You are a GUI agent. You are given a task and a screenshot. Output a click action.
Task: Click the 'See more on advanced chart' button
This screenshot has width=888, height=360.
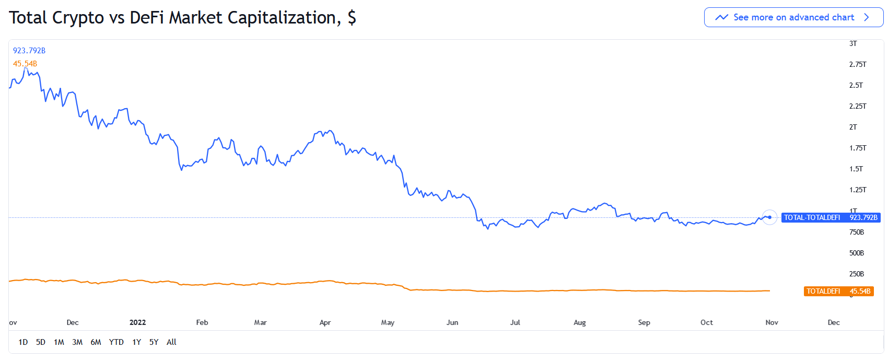click(x=793, y=17)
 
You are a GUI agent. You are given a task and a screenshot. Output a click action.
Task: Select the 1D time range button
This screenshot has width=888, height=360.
click(x=23, y=342)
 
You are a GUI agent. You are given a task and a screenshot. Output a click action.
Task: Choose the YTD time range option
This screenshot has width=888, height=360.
click(x=116, y=342)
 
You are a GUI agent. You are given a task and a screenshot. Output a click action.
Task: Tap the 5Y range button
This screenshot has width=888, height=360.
click(x=154, y=342)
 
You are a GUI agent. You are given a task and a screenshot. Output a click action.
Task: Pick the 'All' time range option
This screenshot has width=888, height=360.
click(x=171, y=342)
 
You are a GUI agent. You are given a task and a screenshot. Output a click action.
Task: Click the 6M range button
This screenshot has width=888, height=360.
click(x=96, y=342)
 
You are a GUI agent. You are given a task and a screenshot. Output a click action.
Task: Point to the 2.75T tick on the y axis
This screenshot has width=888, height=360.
click(x=857, y=64)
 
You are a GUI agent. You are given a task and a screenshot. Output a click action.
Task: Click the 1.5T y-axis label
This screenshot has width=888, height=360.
click(x=856, y=169)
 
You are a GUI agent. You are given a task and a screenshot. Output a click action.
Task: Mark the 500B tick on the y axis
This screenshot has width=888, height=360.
click(x=856, y=253)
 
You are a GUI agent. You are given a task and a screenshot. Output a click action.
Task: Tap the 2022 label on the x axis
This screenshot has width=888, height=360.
click(x=137, y=322)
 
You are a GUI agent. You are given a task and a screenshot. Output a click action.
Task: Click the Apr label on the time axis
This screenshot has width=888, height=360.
click(x=325, y=322)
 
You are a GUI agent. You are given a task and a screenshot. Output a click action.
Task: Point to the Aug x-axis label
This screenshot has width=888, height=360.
click(x=579, y=322)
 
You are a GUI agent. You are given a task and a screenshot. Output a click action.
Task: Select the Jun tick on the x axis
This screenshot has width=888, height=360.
click(x=452, y=322)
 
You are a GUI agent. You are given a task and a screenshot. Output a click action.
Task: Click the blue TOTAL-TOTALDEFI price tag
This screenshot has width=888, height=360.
click(x=831, y=217)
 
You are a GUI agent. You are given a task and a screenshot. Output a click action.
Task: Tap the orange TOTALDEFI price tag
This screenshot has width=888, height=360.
click(x=838, y=291)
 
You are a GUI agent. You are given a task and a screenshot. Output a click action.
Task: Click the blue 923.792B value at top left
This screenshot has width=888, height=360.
click(x=29, y=51)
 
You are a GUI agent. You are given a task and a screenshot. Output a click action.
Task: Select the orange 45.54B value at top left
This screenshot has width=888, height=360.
click(x=25, y=64)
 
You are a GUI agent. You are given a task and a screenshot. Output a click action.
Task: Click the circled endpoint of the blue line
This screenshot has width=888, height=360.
click(x=769, y=217)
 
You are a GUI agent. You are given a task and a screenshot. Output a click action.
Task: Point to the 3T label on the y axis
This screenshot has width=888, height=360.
click(x=852, y=43)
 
